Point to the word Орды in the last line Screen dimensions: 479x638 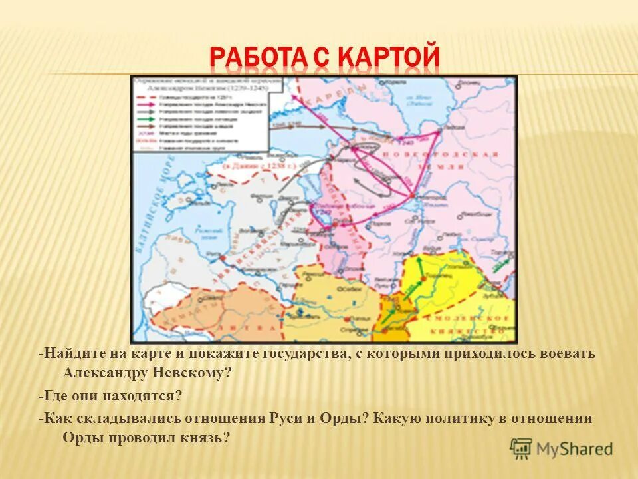[84, 438]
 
